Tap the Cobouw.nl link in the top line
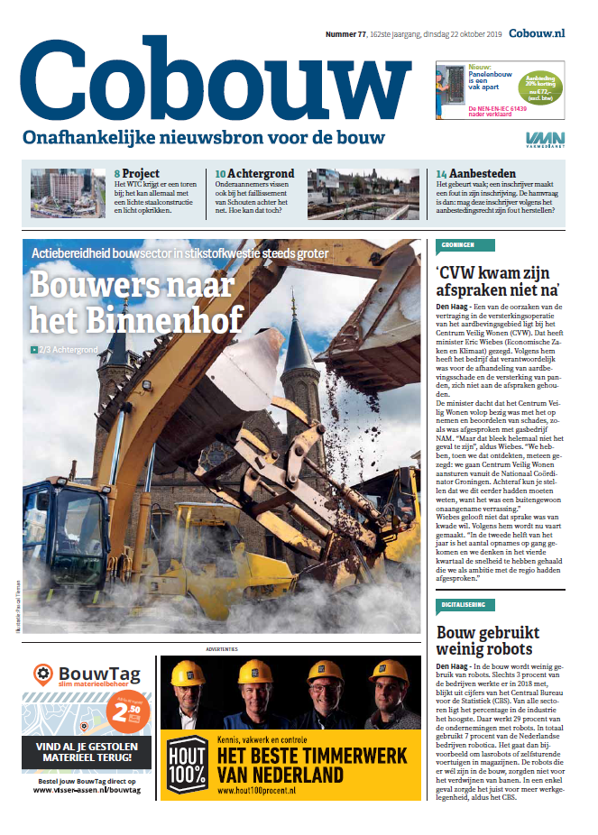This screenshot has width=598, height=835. pyautogui.click(x=536, y=33)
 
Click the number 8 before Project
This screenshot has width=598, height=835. pyautogui.click(x=117, y=172)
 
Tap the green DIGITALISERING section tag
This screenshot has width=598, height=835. pyautogui.click(x=465, y=603)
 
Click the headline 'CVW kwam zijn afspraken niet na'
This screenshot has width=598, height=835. pyautogui.click(x=499, y=280)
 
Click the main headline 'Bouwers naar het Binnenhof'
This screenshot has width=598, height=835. pyautogui.click(x=137, y=301)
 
